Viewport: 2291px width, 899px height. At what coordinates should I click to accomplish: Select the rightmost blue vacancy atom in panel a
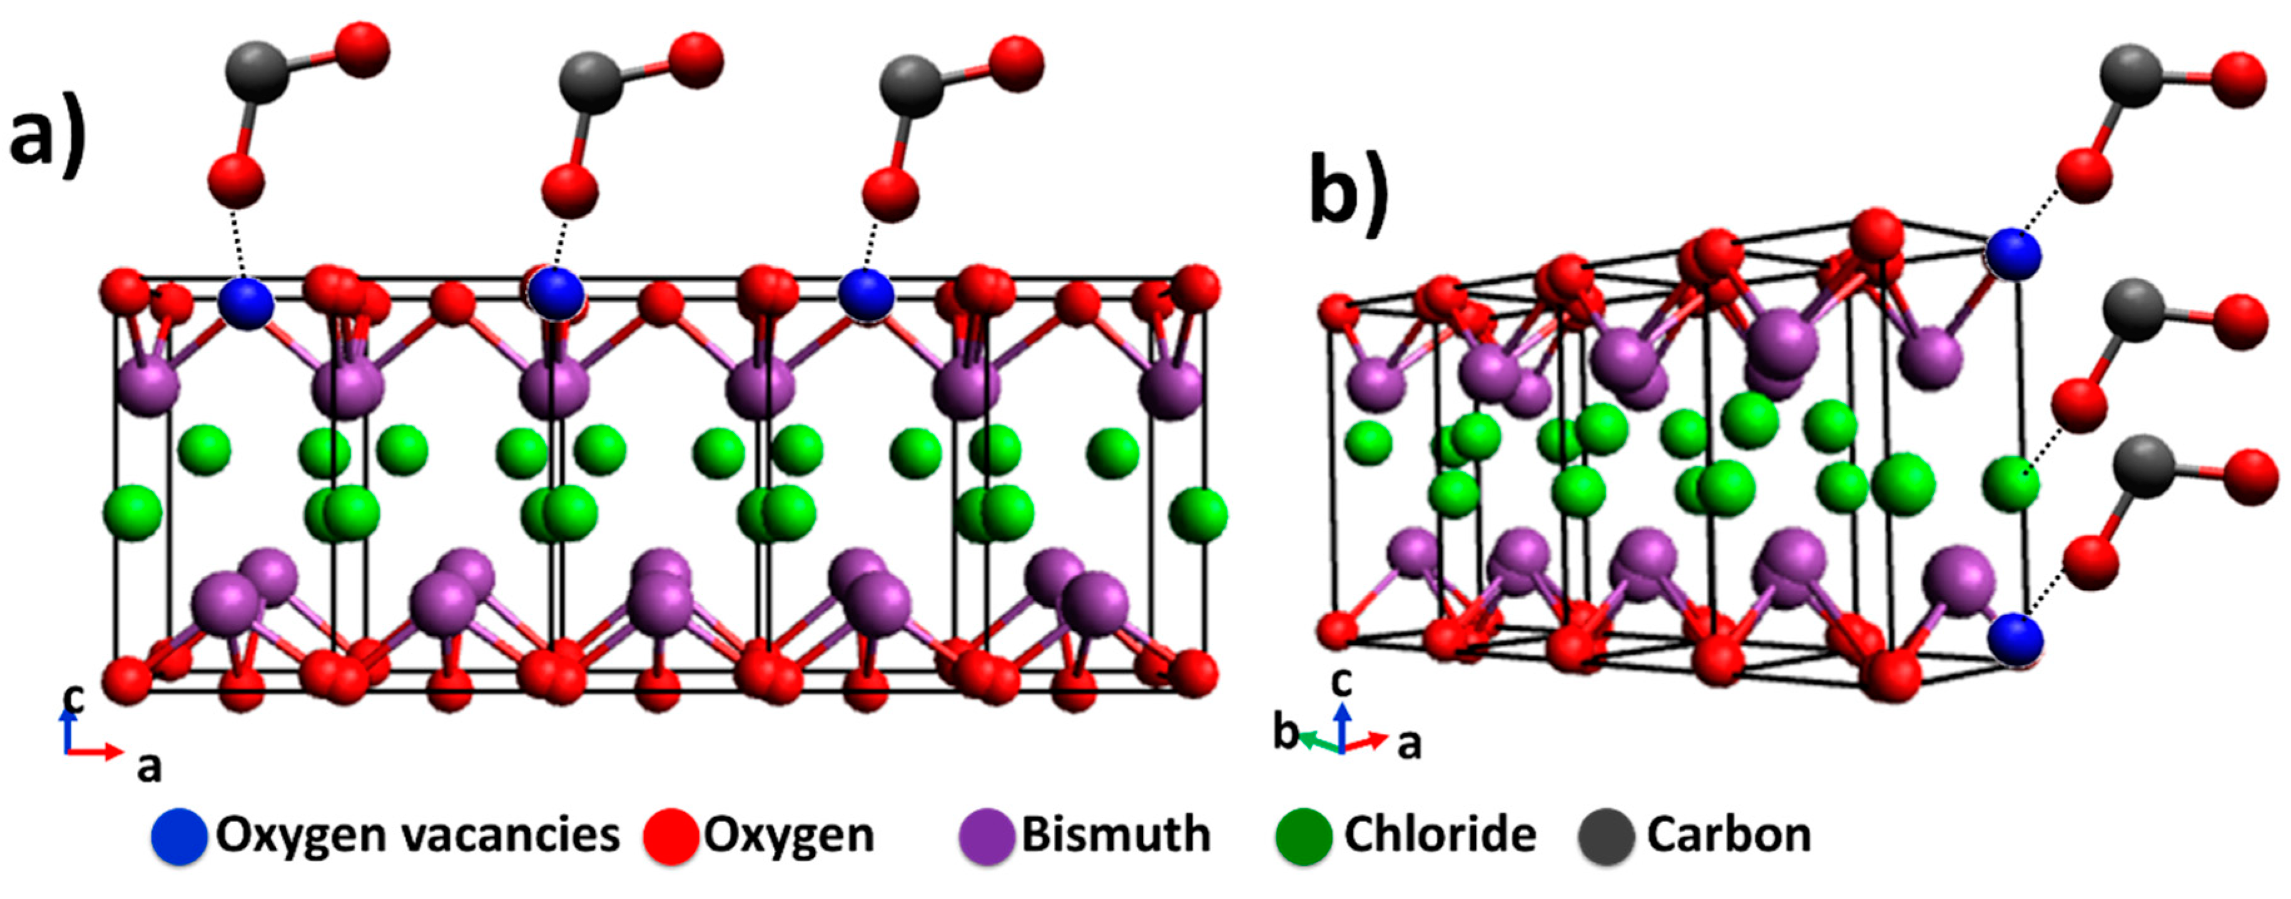coord(865,294)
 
